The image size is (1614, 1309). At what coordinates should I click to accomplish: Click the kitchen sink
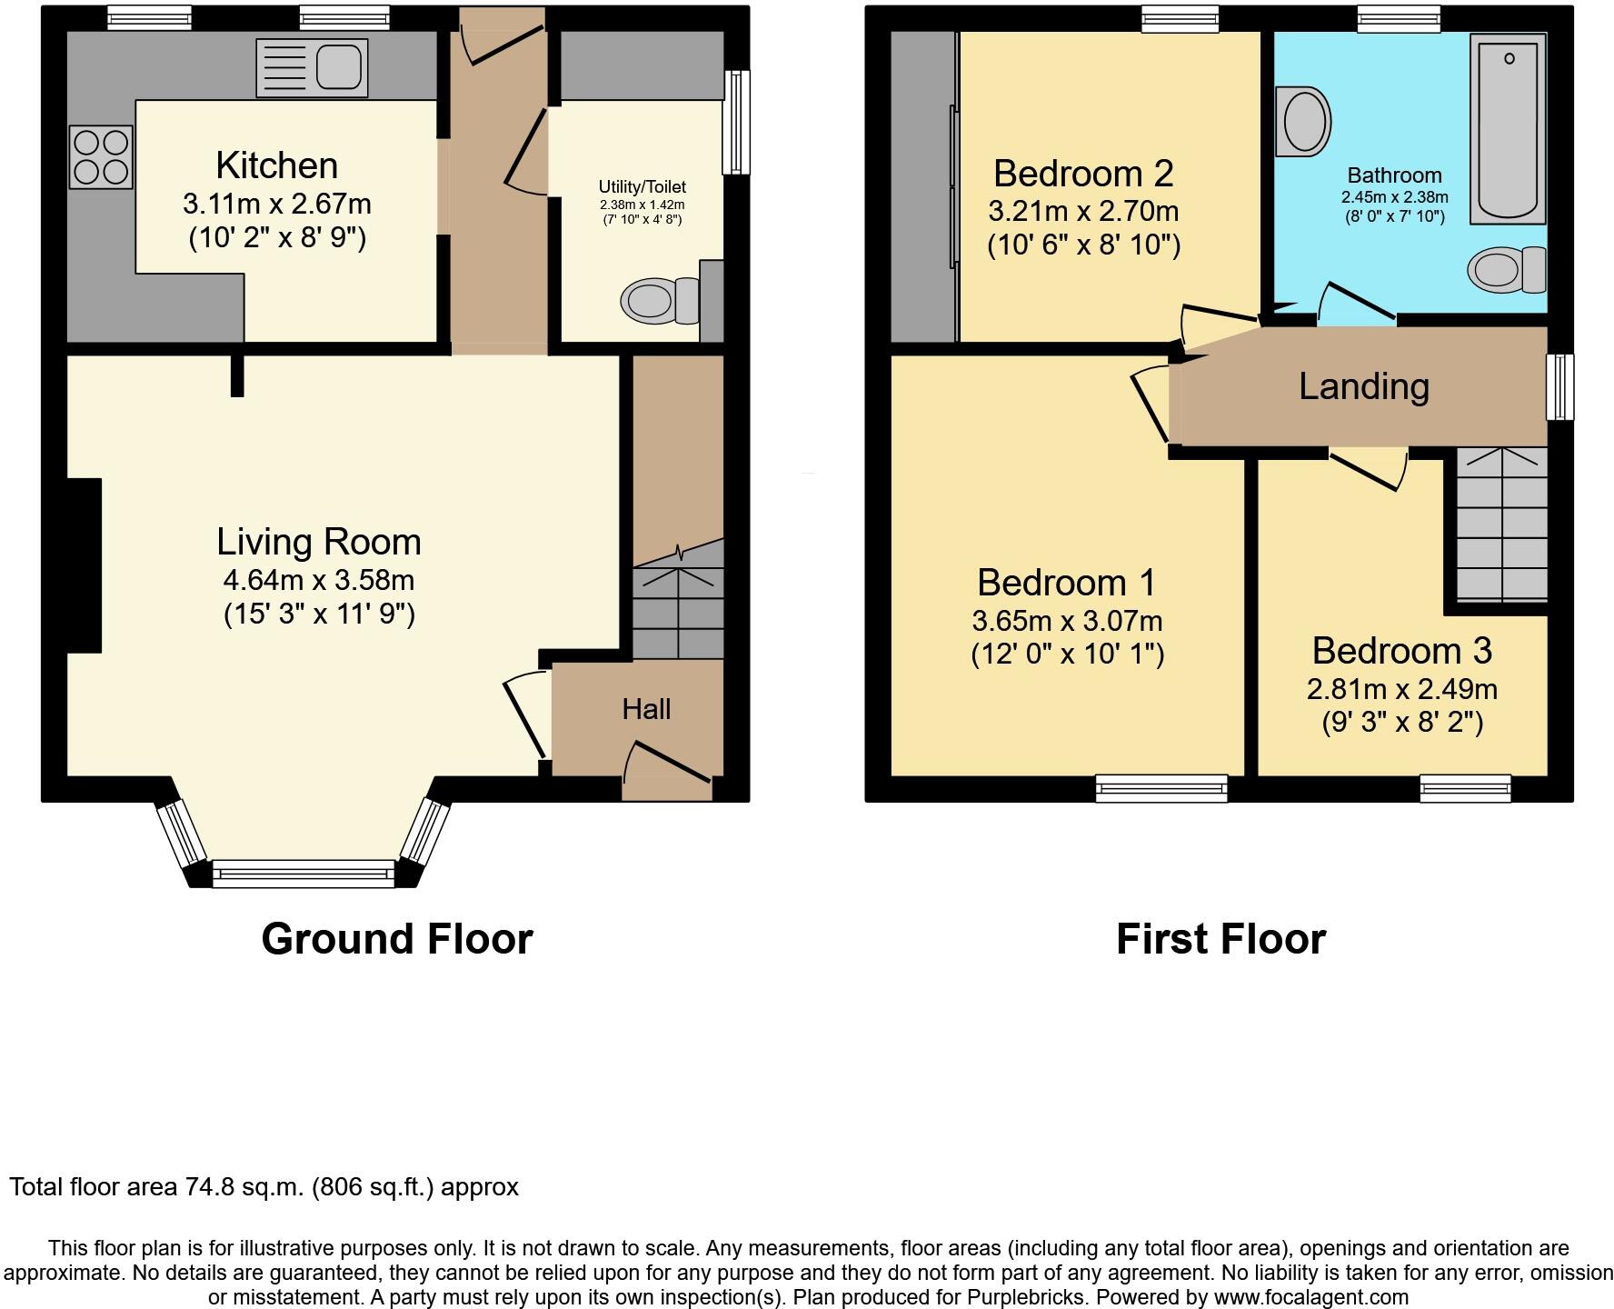coord(313,68)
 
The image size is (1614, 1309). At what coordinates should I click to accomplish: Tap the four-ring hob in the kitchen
coord(101,156)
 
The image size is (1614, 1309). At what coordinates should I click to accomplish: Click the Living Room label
coord(319,542)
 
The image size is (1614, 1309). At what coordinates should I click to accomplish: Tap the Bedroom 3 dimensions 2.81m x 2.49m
coord(1401,689)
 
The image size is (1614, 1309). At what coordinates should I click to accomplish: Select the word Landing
coord(1363,386)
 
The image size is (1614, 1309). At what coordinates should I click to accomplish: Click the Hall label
coord(646,709)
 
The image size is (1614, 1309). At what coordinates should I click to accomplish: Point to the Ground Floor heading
coord(396,939)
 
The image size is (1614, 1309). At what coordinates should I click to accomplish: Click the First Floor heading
coord(1220,939)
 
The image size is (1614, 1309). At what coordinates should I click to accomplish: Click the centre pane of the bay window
coord(303,874)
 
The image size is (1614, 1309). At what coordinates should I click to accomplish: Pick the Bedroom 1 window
coord(1161,787)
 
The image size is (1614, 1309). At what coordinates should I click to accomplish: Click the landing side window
coord(1560,386)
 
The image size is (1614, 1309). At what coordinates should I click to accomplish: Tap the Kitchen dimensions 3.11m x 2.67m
coord(277,204)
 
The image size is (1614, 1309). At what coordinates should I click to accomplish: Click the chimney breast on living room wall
coord(84,565)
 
